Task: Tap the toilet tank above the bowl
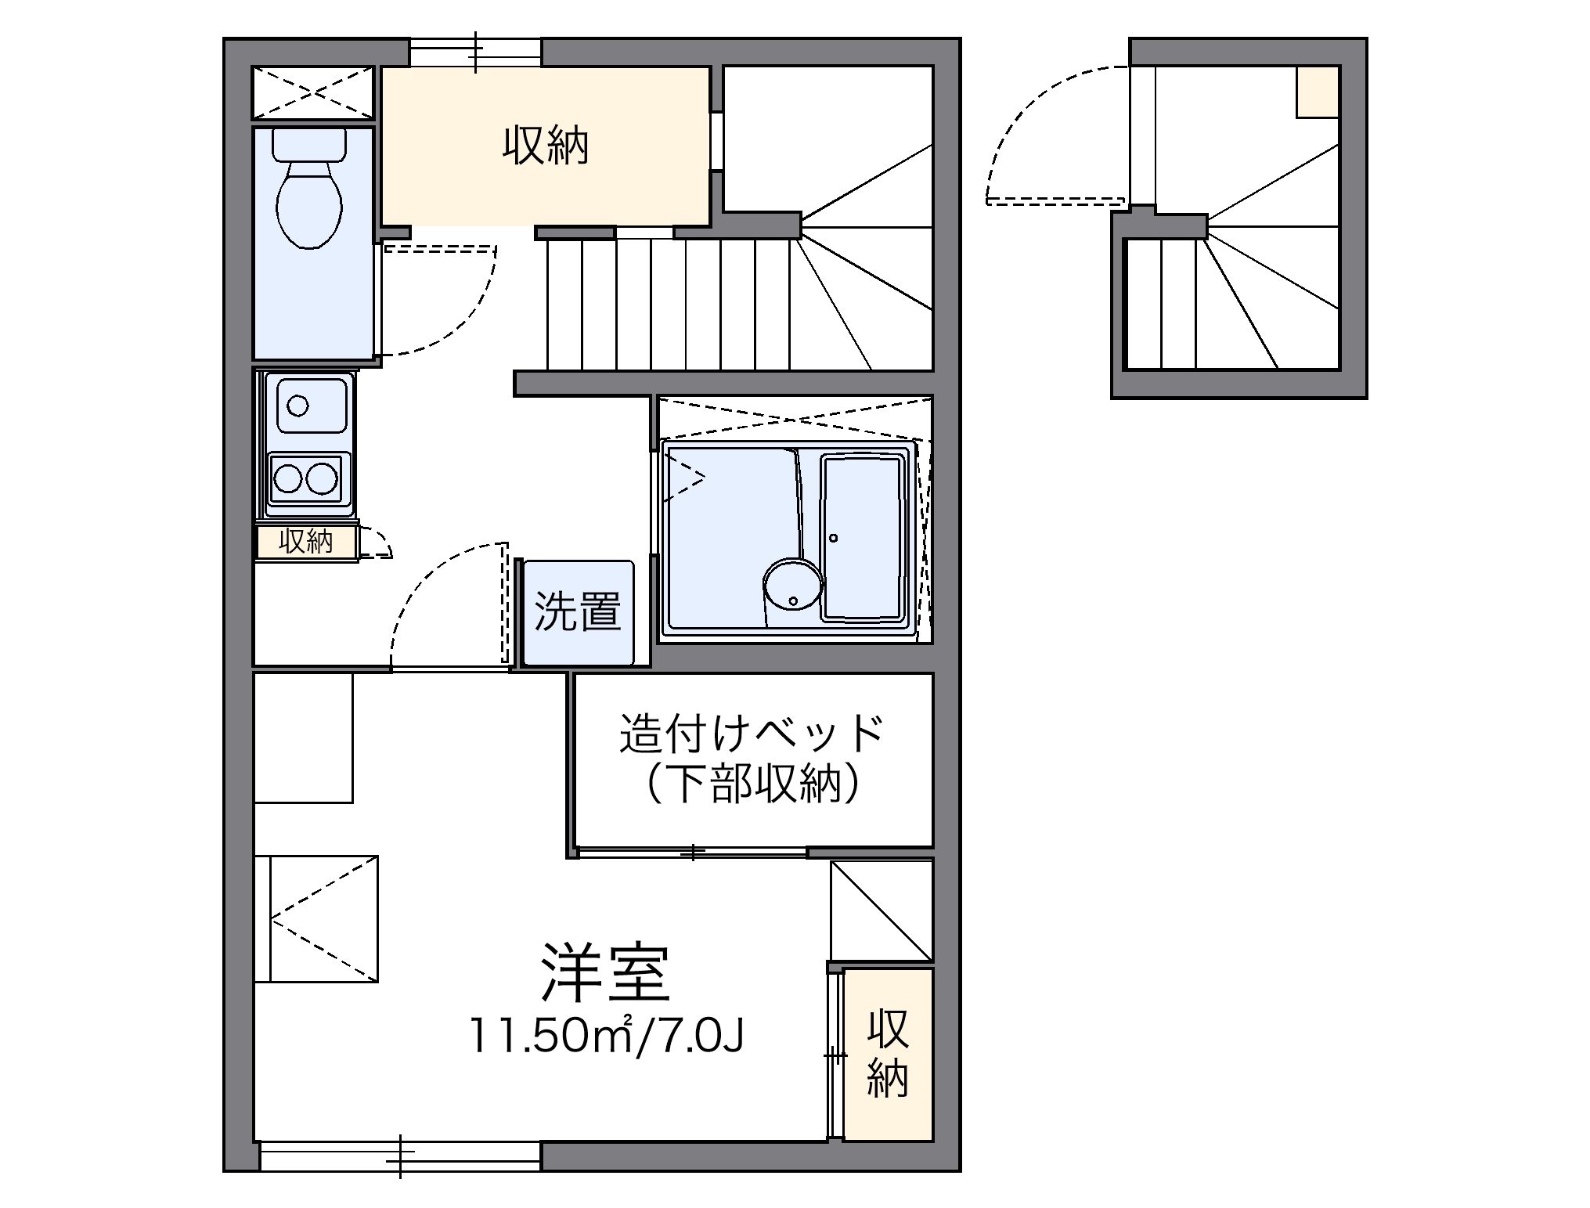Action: [x=309, y=143]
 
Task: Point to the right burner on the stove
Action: [x=321, y=478]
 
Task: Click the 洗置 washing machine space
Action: [x=578, y=611]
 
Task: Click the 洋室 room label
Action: [x=605, y=973]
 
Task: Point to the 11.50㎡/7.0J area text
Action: [x=605, y=1035]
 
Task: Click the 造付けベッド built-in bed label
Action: [x=752, y=734]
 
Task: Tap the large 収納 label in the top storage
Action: [x=545, y=146]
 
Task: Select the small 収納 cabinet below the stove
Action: [x=306, y=542]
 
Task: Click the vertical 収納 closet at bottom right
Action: [x=888, y=1053]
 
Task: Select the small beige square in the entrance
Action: [x=1317, y=92]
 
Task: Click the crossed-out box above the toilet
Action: [x=313, y=92]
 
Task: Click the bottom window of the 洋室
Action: [x=399, y=1156]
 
